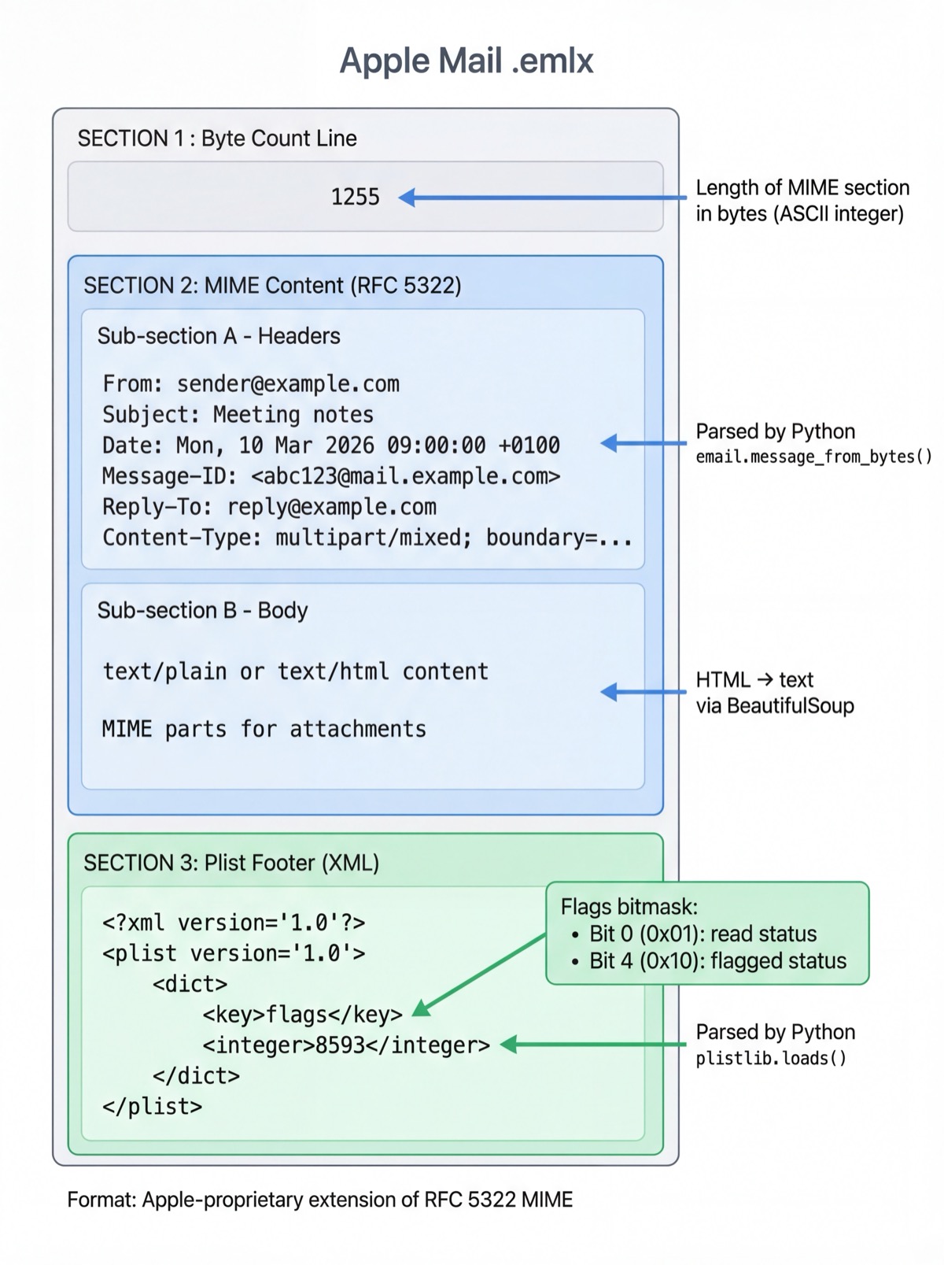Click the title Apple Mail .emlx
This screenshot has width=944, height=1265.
466,61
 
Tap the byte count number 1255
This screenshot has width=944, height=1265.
355,197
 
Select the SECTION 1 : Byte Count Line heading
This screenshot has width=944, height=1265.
217,139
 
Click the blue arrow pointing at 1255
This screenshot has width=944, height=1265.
543,198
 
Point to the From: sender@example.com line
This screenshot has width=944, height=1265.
251,384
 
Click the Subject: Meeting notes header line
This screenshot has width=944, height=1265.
238,415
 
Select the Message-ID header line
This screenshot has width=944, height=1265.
330,476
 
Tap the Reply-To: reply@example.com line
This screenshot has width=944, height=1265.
269,507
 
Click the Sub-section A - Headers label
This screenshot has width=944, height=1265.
219,336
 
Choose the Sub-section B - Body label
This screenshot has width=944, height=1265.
202,611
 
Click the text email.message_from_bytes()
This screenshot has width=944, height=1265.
813,457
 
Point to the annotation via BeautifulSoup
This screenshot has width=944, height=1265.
774,706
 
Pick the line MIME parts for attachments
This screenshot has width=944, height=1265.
264,729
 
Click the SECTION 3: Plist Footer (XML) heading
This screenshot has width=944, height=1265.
231,863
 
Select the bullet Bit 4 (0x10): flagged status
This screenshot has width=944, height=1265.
717,961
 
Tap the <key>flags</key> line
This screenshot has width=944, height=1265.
302,1015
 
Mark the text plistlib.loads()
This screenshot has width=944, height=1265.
771,1059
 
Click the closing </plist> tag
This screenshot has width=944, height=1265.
152,1107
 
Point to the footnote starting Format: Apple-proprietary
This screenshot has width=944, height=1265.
319,1200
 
